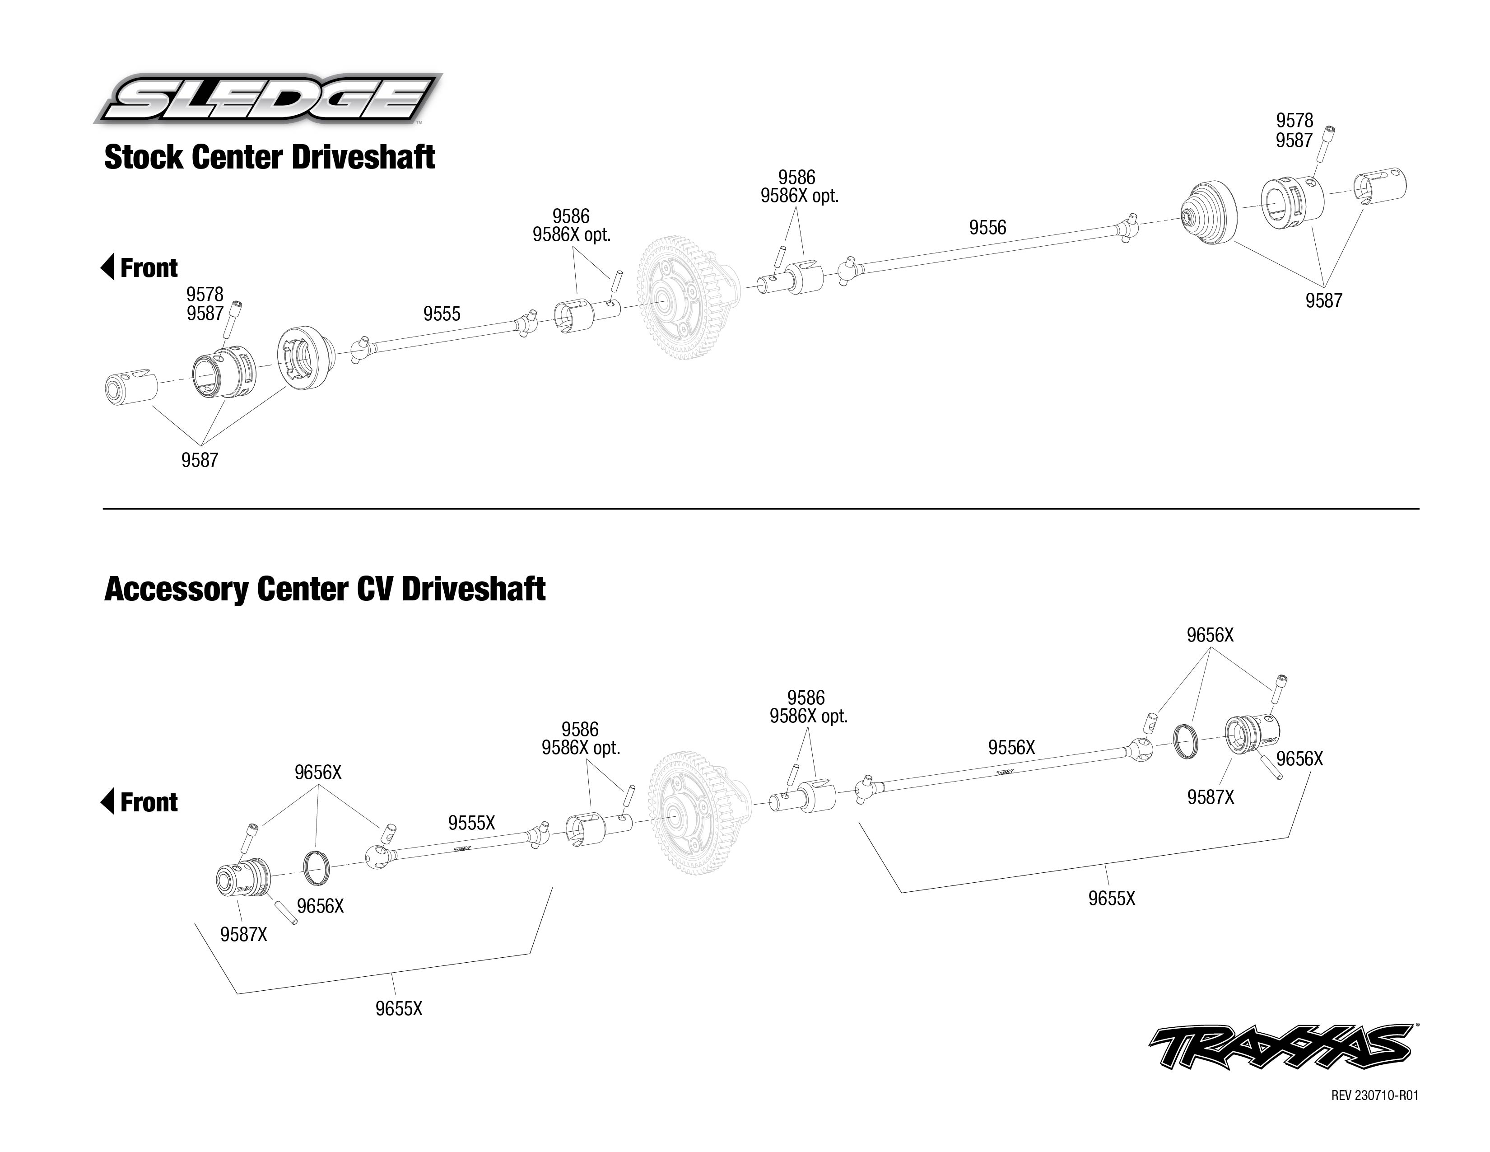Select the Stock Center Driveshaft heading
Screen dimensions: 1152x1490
click(x=270, y=158)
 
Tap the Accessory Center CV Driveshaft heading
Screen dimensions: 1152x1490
click(x=325, y=589)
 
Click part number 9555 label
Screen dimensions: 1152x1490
click(x=442, y=314)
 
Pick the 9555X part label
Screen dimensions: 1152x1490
click(x=471, y=823)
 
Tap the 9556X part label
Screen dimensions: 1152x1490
click(x=1011, y=748)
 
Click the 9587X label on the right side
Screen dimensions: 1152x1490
click(x=1210, y=797)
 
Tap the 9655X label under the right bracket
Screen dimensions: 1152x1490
click(x=1111, y=898)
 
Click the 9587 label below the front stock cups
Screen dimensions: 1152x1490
click(x=199, y=460)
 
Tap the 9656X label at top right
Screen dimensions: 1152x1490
click(x=1210, y=635)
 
